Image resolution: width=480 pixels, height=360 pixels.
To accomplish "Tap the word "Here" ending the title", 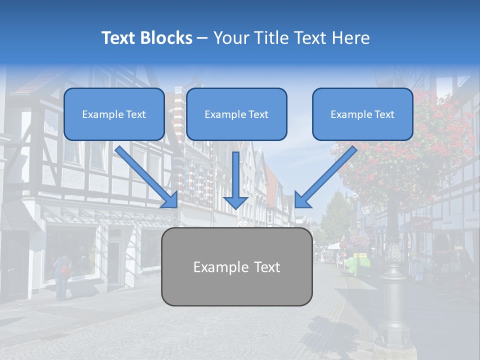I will click(x=351, y=38).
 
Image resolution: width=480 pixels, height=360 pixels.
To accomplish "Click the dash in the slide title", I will click(x=202, y=38).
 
